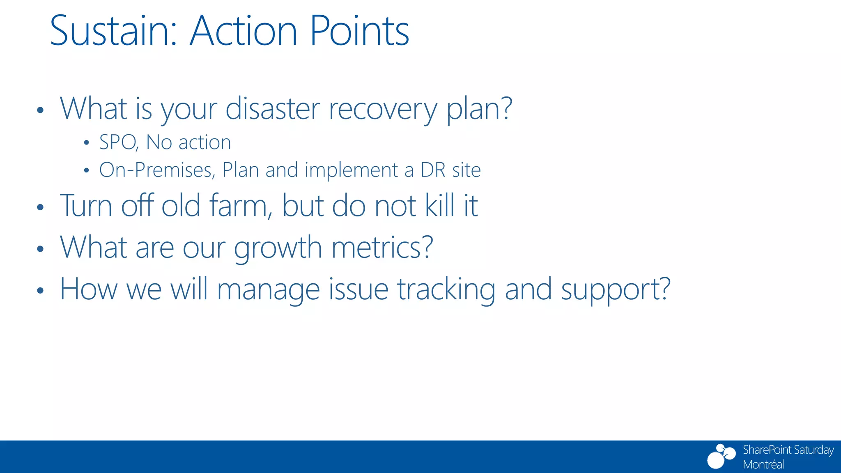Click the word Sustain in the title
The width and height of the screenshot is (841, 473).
pyautogui.click(x=113, y=31)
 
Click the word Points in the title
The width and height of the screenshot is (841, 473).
pyautogui.click(x=359, y=31)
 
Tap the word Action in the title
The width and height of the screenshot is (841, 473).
pyautogui.click(x=243, y=31)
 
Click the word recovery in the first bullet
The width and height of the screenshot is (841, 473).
pyautogui.click(x=383, y=110)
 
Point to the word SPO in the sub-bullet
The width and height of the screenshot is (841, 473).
pyautogui.click(x=118, y=142)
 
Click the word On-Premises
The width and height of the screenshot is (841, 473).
pyautogui.click(x=157, y=170)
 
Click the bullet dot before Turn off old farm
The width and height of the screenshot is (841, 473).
pyautogui.click(x=40, y=207)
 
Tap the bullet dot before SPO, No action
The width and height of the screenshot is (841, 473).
pyautogui.click(x=86, y=143)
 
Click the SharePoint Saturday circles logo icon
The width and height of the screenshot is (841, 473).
pyautogui.click(x=721, y=456)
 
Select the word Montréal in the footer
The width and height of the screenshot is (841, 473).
pyautogui.click(x=763, y=464)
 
